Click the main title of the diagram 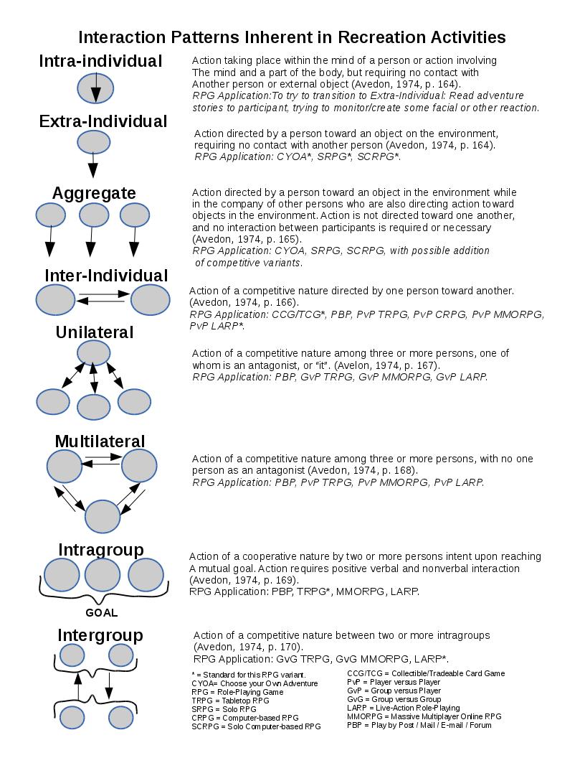(292, 37)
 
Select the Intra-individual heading (100, 62)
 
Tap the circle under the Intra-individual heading (95, 88)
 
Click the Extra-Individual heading (103, 121)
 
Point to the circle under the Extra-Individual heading (92, 142)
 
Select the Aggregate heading (94, 193)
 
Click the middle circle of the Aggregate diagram (93, 214)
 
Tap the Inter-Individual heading (106, 276)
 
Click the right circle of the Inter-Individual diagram (150, 300)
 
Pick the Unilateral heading (95, 332)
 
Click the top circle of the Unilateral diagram (93, 352)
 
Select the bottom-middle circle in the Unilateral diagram (93, 406)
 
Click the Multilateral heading (100, 441)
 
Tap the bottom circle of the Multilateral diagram (103, 516)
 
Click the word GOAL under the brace (101, 613)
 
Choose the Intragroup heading (100, 550)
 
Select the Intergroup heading (100, 635)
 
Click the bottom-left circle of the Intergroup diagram (72, 716)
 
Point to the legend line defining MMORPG (424, 716)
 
